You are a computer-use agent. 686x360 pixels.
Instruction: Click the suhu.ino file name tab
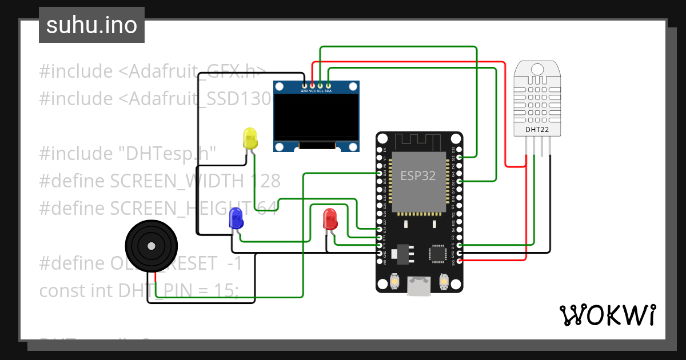91,25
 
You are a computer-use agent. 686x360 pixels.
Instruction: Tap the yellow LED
250,139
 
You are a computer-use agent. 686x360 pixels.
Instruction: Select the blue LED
236,218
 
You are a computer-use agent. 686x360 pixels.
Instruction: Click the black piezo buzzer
150,246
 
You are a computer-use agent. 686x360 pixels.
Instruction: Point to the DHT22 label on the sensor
537,130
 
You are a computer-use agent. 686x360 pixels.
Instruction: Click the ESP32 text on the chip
418,175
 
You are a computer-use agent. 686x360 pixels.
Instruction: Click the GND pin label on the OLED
304,91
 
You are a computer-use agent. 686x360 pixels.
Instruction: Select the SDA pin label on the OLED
328,91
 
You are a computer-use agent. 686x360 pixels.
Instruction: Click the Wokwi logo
607,315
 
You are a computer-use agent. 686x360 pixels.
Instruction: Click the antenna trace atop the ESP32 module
418,142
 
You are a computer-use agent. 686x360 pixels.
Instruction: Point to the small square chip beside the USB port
438,253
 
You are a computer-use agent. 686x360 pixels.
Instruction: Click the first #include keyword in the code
76,71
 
